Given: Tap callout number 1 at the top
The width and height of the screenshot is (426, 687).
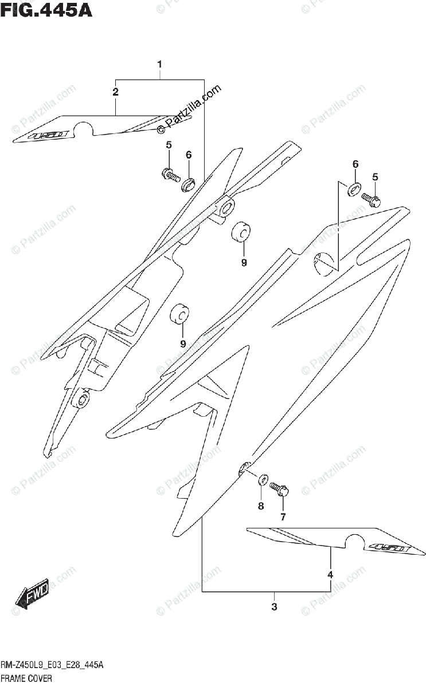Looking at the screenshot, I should pos(160,64).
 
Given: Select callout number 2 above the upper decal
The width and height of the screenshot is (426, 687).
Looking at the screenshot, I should pos(116,92).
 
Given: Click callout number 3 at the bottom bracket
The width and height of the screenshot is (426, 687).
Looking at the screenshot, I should pos(274,606).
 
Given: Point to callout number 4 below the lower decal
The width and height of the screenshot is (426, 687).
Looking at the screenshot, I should pos(330,574).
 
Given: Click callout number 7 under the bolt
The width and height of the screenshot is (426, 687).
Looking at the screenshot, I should pos(283,517).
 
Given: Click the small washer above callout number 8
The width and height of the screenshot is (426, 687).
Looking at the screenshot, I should pos(264,479).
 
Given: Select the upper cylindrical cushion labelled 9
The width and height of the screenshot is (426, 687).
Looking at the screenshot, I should pos(241,231).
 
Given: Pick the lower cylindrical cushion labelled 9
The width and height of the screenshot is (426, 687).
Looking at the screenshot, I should pos(179,314).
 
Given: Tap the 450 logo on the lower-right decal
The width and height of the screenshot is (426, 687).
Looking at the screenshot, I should pos(388,548).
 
